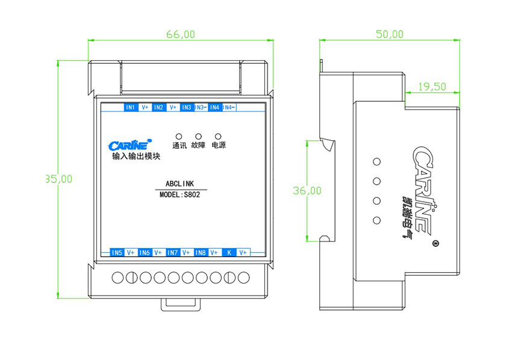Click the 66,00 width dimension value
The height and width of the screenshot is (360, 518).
click(180, 34)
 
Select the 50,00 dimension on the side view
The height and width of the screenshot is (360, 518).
click(390, 34)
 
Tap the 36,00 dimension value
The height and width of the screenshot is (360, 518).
click(307, 191)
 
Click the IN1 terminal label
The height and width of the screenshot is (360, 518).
click(130, 108)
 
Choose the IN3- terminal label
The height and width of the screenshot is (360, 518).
click(201, 108)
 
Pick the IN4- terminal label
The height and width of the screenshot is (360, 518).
click(229, 108)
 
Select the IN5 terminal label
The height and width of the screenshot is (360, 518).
click(117, 253)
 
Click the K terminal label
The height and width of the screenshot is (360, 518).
click(229, 253)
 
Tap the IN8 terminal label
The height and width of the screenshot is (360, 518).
click(201, 253)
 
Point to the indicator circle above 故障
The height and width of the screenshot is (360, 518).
click(198, 136)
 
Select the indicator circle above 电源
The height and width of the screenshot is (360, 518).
click(218, 136)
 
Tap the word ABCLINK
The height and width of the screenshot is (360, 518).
click(179, 184)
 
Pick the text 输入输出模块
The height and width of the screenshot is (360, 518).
click(136, 157)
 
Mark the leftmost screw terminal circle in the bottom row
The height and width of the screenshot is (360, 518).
click(119, 278)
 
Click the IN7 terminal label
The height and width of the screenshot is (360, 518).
click(173, 253)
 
